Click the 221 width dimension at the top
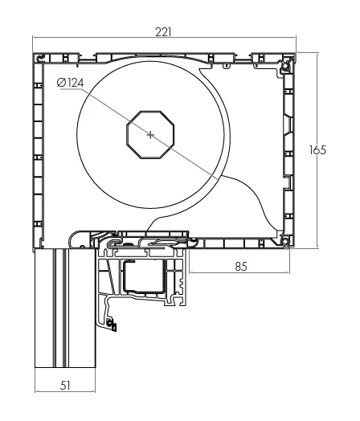(x=164, y=32)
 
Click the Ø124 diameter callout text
(x=71, y=82)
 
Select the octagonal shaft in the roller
(x=149, y=134)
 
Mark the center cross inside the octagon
(x=149, y=134)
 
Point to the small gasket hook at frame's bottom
(x=112, y=326)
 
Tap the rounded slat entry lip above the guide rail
(x=78, y=237)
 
